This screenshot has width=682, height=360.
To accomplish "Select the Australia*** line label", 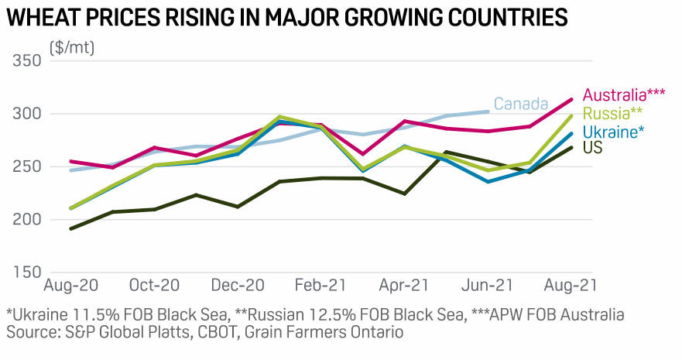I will pos(624,95).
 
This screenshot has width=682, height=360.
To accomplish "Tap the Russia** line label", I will pos(612,114).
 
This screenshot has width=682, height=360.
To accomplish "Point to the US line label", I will pos(593,147).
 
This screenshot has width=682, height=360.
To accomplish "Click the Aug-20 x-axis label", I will pos(72,286).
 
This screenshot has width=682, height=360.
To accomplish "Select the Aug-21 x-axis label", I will pos(570,286).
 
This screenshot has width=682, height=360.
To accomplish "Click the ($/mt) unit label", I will pos(72,47).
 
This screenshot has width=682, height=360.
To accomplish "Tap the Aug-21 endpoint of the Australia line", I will pos(571,99).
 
